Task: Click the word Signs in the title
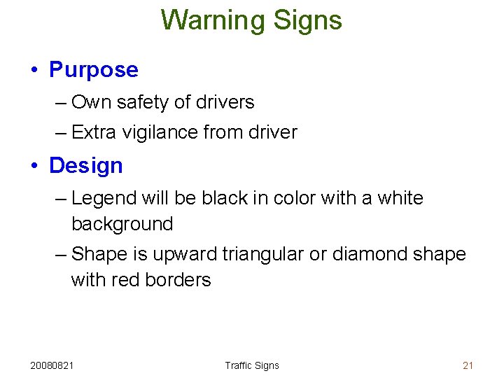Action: tap(307, 20)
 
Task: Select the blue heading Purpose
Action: tap(94, 70)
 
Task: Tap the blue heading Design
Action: tap(86, 166)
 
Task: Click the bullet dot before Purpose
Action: tap(34, 71)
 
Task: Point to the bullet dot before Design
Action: tap(34, 167)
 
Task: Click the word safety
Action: tap(142, 103)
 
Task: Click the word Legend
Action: tap(104, 199)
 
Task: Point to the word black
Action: tap(224, 198)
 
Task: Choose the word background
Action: tap(122, 225)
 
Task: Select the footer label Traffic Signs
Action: tap(252, 365)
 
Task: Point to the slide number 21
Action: tap(468, 365)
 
